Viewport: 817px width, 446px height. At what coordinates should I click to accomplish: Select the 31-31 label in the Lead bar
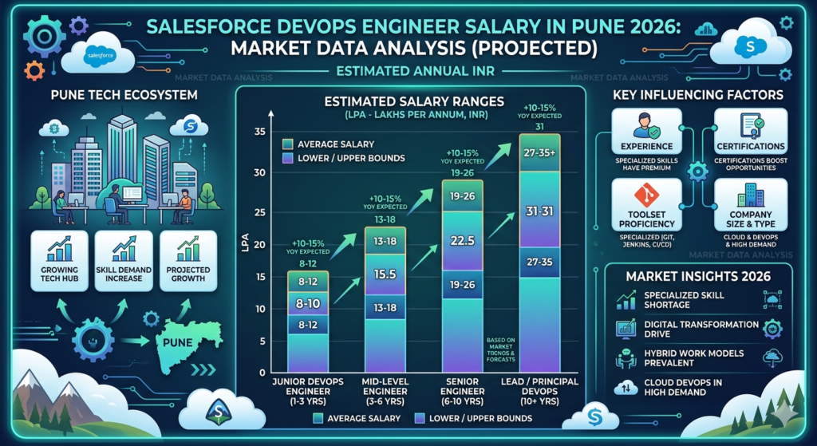(539, 211)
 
